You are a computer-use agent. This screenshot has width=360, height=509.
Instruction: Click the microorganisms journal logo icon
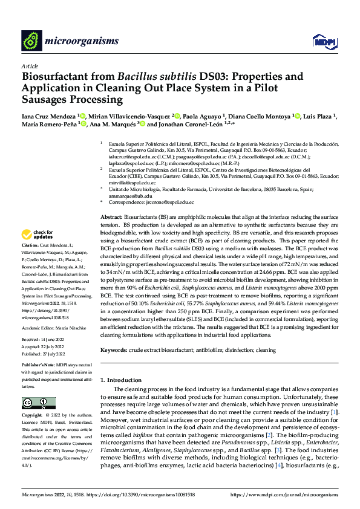coord(31,40)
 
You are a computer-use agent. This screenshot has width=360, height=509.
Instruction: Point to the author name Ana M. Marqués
coord(112,125)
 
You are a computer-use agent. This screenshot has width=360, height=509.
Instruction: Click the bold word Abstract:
coord(111,216)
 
